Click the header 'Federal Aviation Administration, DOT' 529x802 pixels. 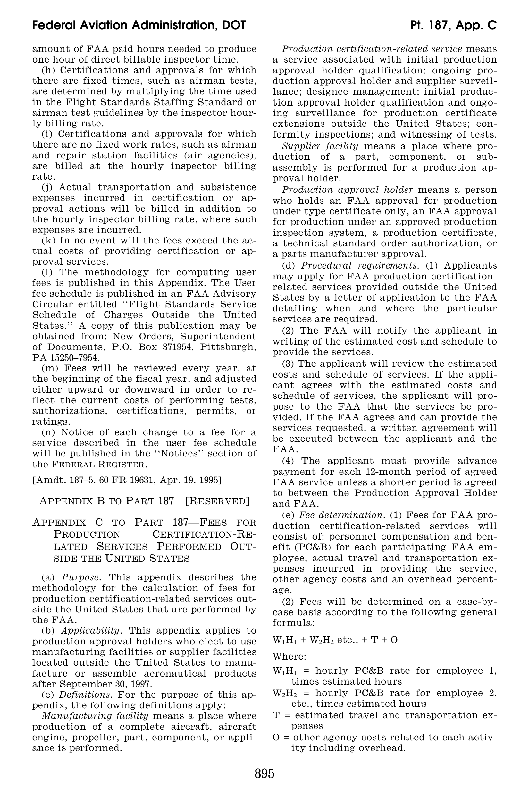pos(139,25)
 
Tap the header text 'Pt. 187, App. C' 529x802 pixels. pos(453,25)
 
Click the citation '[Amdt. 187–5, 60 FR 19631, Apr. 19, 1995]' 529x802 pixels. pos(127,480)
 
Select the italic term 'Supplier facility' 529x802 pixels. pos(320,146)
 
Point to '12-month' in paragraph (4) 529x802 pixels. pos(375,472)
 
